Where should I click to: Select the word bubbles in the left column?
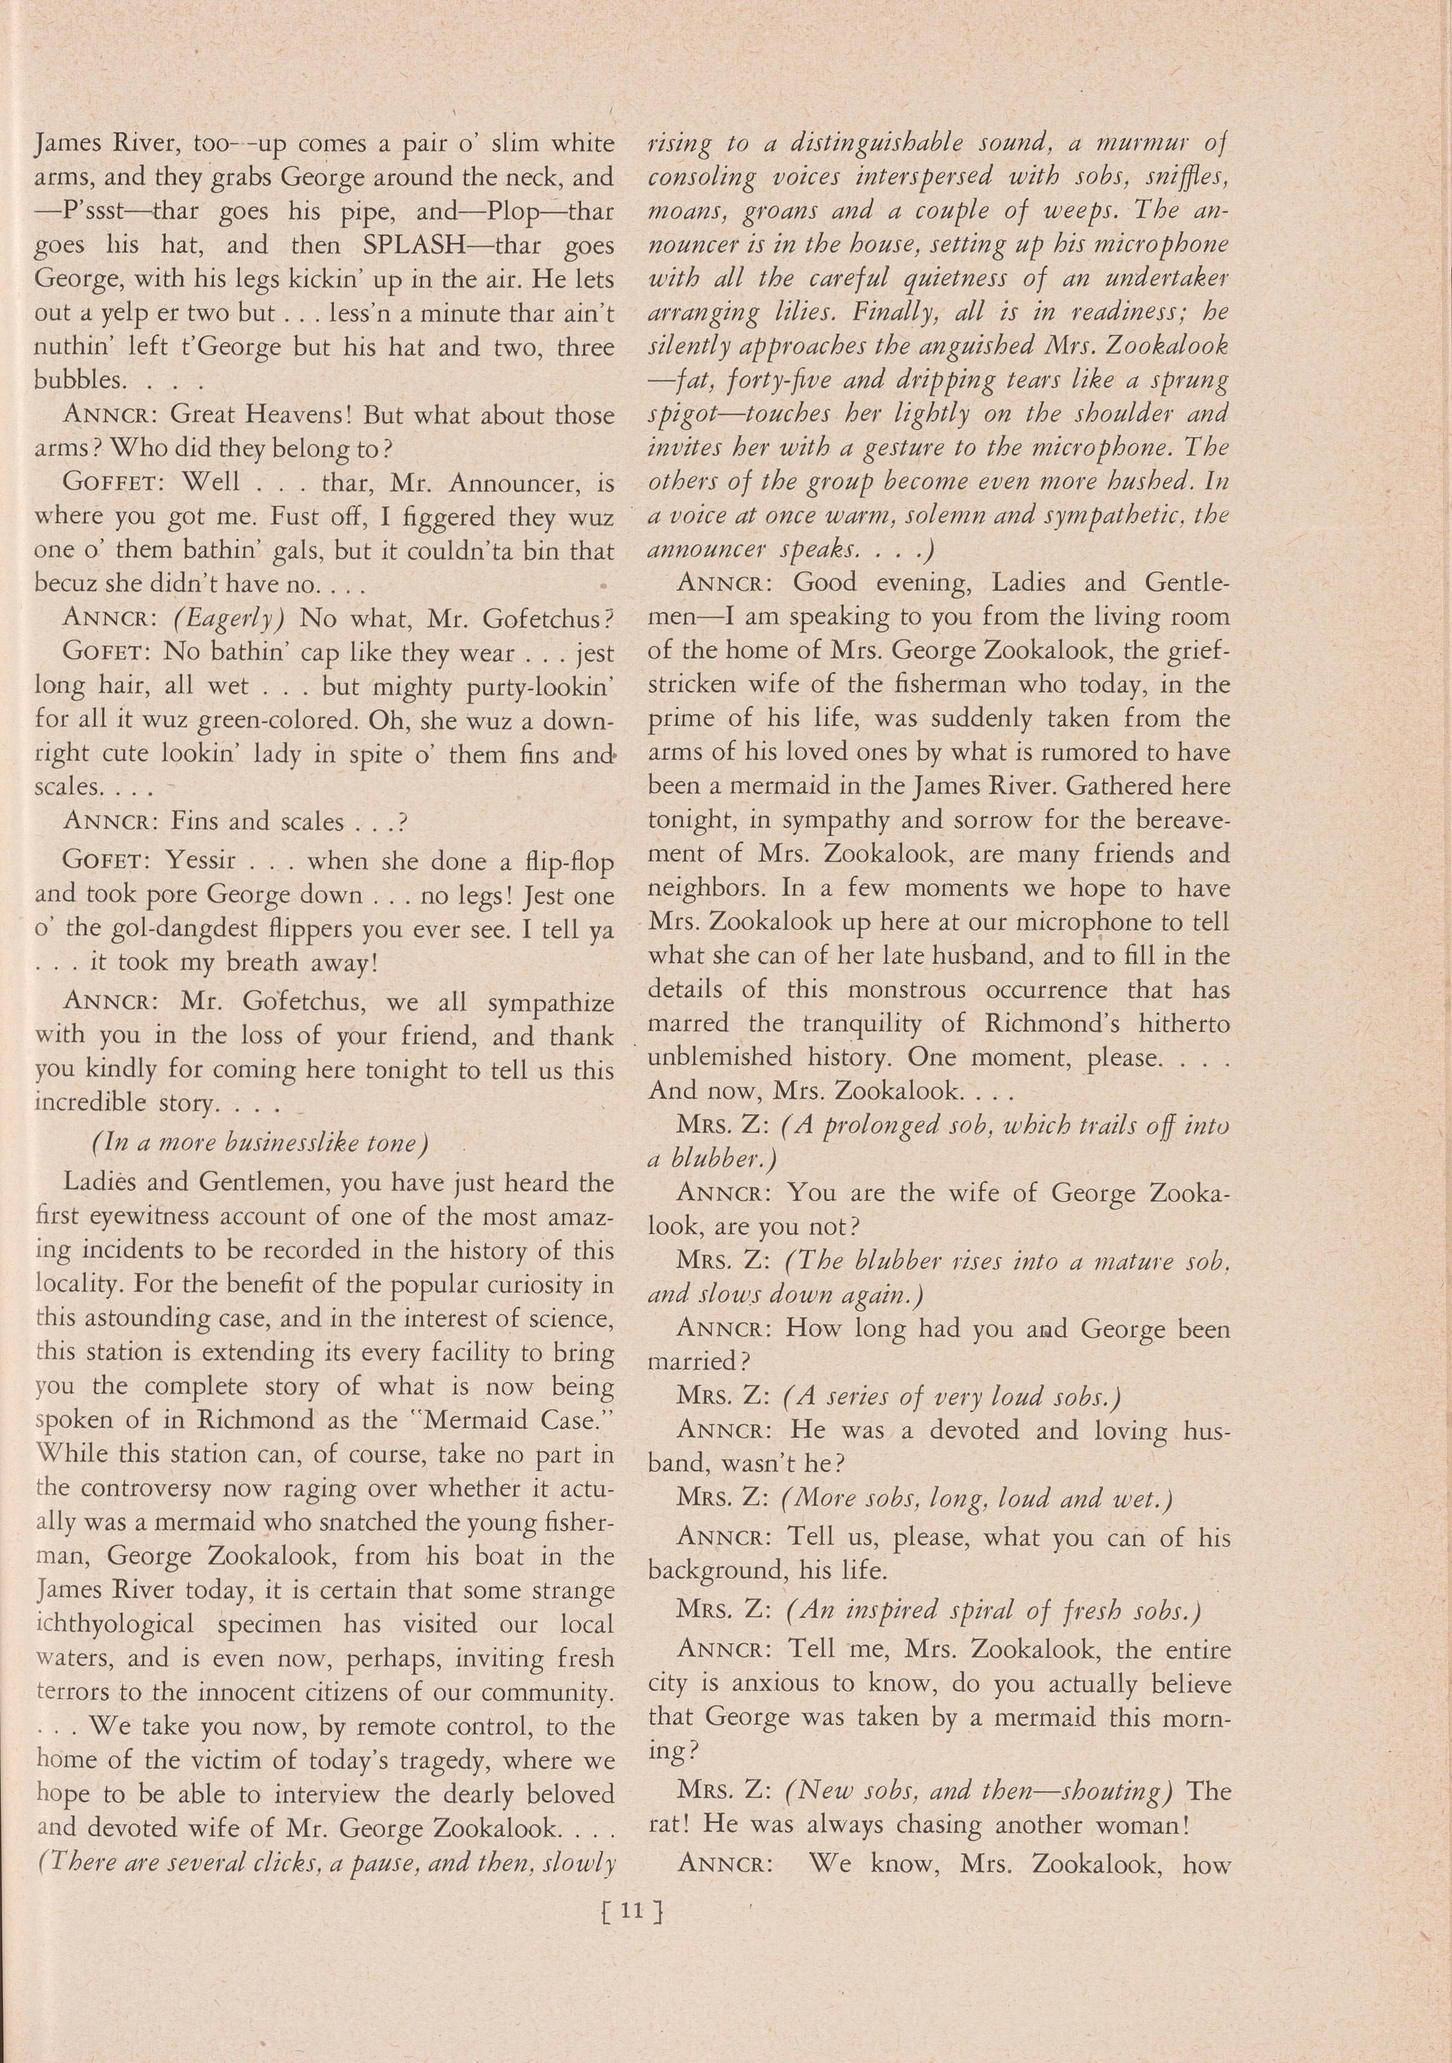pos(77,381)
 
